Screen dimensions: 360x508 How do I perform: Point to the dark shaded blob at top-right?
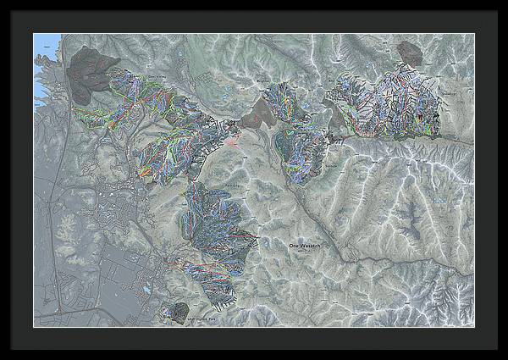click(411, 53)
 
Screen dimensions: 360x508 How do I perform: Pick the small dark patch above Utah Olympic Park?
click(179, 309)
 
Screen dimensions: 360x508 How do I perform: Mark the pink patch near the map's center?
click(232, 140)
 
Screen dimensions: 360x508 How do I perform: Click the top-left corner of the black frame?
click(3, 3)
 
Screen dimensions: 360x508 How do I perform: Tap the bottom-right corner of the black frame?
click(505, 357)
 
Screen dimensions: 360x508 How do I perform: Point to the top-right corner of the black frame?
click(505, 3)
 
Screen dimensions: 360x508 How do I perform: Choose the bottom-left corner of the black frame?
click(3, 357)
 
